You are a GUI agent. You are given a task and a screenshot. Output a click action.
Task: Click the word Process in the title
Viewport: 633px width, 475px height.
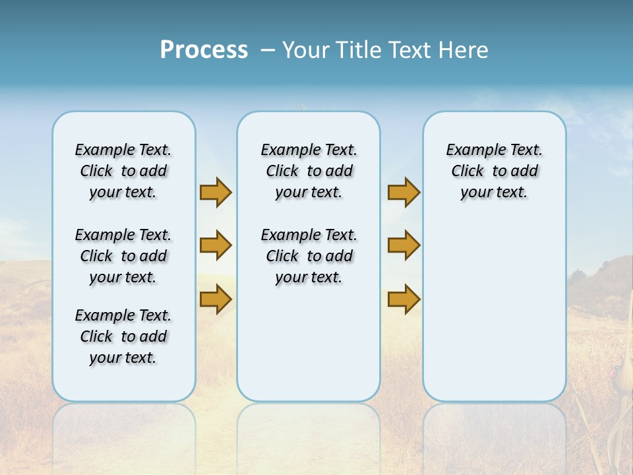coord(204,49)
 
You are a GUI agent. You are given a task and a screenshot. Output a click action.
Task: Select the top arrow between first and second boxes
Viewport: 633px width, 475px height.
coord(216,192)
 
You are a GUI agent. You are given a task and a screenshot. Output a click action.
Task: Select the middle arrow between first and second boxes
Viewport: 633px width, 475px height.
coord(216,245)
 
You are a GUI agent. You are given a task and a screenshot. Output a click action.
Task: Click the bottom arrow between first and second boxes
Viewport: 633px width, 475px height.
coord(216,300)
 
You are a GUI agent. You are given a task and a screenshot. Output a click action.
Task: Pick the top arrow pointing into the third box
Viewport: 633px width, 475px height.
coord(404,192)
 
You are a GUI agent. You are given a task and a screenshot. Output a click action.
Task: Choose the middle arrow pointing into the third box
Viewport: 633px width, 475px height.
coord(404,245)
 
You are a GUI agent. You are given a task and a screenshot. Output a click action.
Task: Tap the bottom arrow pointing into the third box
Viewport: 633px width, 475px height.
coord(404,300)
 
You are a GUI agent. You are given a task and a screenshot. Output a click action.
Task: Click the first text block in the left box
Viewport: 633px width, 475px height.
coord(123,171)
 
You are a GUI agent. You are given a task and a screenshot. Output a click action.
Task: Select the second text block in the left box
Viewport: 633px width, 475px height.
coord(123,256)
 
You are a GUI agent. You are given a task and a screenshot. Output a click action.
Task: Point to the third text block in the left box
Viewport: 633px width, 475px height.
coord(123,336)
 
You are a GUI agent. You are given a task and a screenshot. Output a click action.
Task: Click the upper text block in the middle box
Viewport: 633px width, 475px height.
coord(309,171)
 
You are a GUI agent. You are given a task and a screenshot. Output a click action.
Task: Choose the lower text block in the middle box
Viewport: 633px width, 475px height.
coord(309,256)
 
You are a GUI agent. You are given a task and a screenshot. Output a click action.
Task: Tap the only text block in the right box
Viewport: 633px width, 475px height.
coord(494,171)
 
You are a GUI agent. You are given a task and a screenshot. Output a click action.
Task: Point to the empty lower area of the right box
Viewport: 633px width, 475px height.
coord(494,310)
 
